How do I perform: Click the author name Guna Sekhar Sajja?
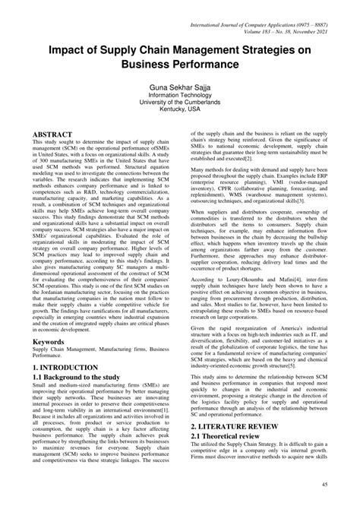(x=179, y=88)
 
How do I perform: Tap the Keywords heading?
(x=49, y=343)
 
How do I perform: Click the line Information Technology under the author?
(x=179, y=96)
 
